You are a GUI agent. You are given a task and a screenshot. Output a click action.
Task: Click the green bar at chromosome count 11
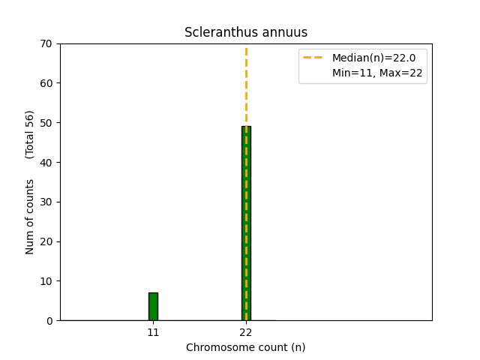coord(153,307)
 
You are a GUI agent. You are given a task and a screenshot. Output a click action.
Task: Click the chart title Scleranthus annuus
coord(246,32)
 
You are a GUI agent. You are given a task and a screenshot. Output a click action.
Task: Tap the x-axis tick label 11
coord(153,331)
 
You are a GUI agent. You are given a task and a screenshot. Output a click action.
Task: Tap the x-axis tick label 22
coord(246,331)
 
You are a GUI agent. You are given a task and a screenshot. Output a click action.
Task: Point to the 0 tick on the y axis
coord(50,321)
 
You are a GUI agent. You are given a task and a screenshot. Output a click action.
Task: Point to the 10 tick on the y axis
coord(47,281)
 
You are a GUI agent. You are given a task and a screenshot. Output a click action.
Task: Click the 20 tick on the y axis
coord(47,241)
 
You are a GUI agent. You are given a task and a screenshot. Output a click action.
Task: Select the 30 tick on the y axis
coord(47,202)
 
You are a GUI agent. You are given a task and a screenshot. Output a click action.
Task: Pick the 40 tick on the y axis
coord(47,162)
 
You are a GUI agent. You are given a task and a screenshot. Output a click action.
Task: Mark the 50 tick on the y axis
coord(47,122)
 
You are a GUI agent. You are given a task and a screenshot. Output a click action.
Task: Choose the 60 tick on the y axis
coord(47,83)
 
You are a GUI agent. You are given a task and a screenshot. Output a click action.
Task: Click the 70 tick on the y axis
coord(47,43)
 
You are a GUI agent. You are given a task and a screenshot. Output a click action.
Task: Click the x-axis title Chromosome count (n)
coord(246,347)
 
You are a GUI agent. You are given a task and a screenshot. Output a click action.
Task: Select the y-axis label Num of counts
coord(30,217)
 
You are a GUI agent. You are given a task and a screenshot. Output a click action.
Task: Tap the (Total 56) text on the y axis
coord(30,134)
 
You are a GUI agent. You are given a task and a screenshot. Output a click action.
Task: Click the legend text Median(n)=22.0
coord(373,58)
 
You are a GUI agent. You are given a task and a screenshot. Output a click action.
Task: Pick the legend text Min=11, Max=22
coord(377,73)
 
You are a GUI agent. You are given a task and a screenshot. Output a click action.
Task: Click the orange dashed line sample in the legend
coord(313,58)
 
